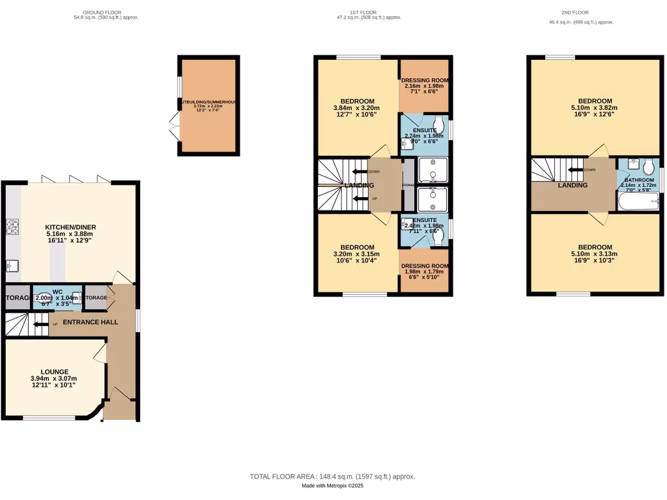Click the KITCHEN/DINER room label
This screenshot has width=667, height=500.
click(x=71, y=227)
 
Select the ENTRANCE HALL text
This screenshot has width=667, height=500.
click(x=91, y=322)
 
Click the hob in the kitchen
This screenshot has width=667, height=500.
click(x=12, y=227)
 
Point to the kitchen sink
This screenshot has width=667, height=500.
click(x=12, y=264)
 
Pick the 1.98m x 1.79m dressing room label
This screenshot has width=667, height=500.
click(x=425, y=266)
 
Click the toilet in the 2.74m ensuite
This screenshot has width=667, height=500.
click(x=439, y=124)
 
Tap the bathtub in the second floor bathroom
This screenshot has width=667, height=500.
click(x=638, y=202)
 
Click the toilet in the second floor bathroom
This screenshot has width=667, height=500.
click(x=648, y=167)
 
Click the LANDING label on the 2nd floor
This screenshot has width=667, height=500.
click(x=573, y=185)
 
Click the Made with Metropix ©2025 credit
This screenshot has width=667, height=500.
click(x=332, y=486)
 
